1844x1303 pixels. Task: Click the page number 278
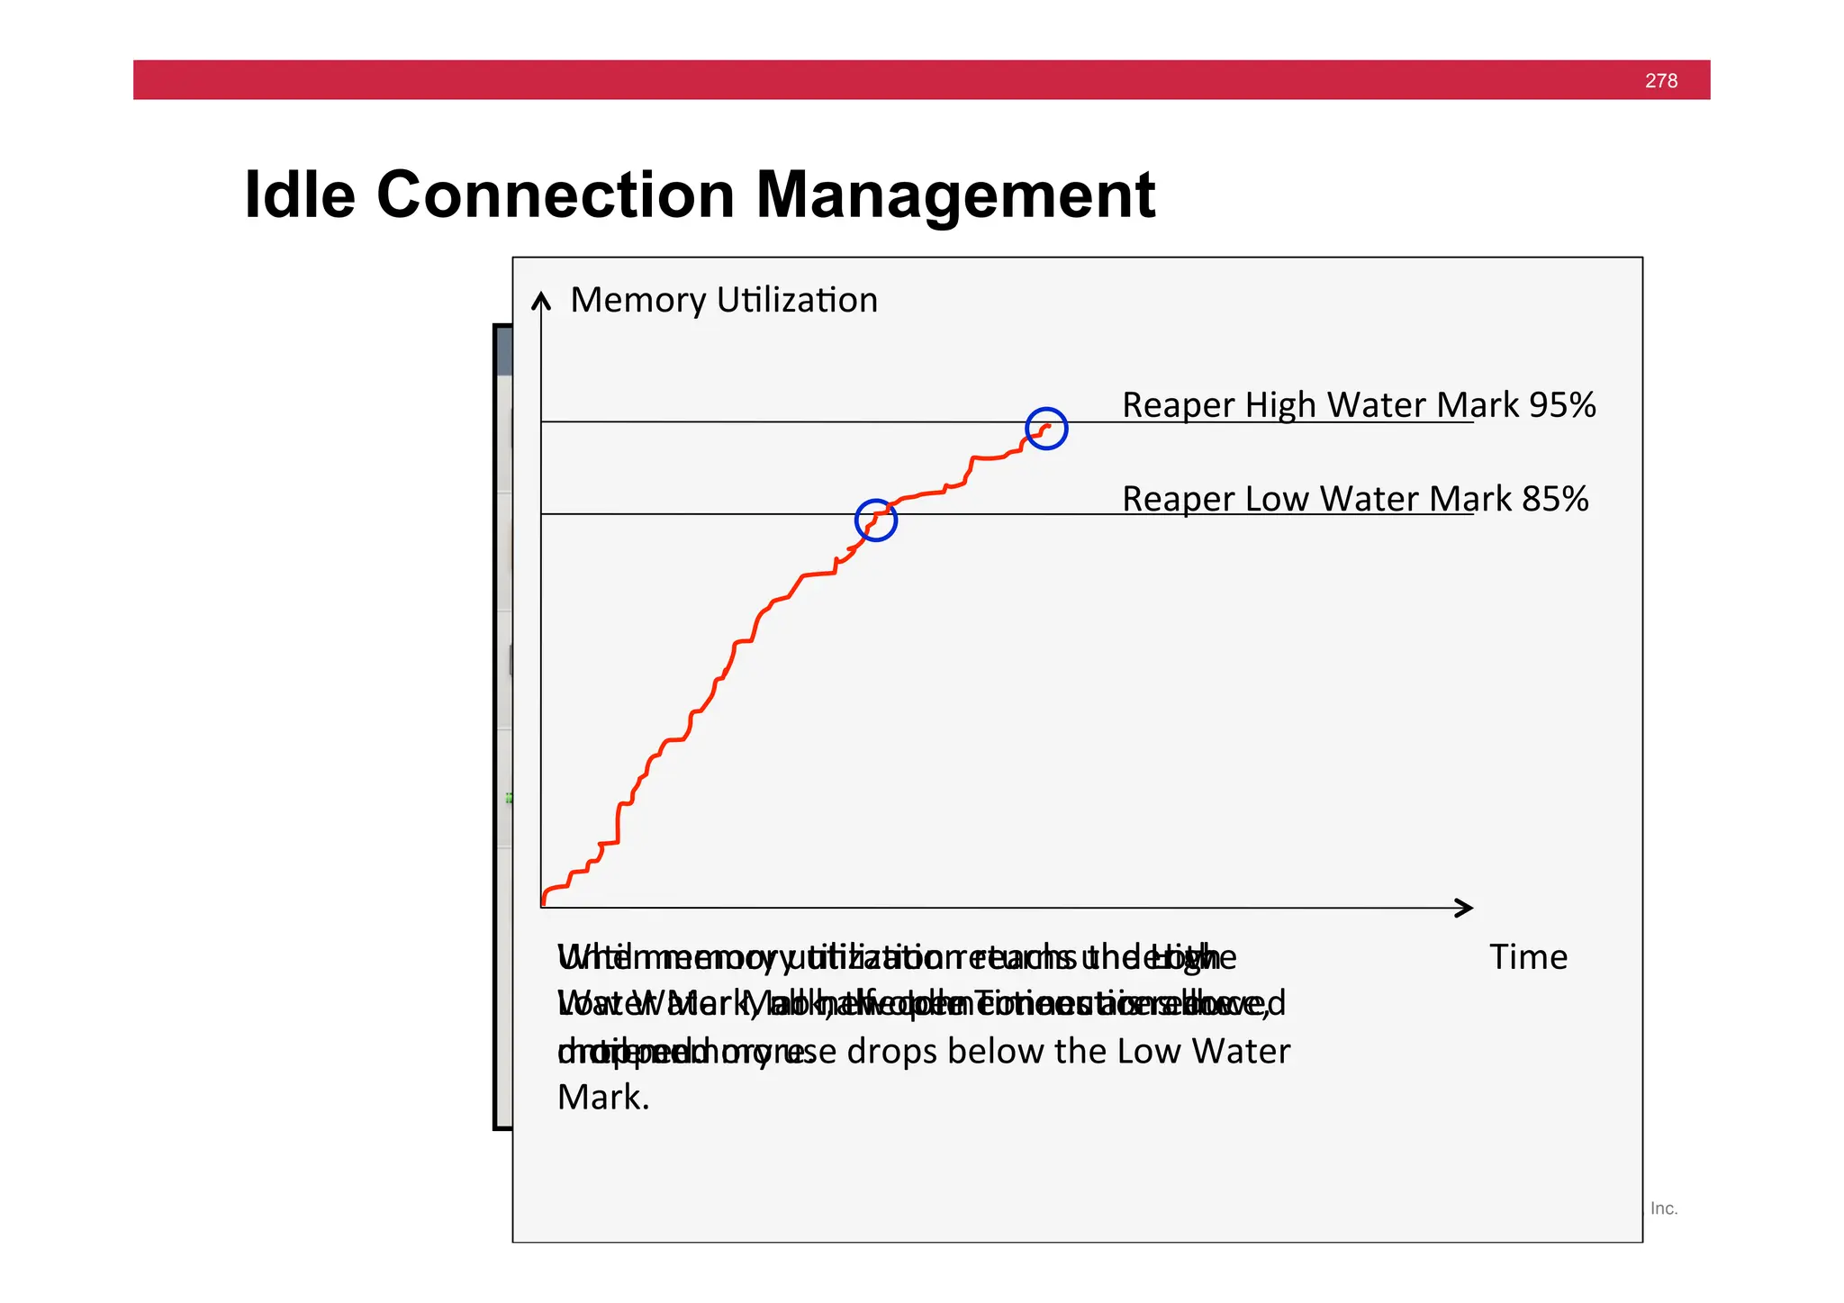click(x=1660, y=81)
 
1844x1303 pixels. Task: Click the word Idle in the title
click(x=299, y=195)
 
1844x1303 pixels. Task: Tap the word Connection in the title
click(x=556, y=195)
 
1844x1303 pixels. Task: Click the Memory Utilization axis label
click(x=723, y=300)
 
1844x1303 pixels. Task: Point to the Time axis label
click(x=1528, y=956)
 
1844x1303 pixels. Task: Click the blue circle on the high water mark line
click(x=1046, y=429)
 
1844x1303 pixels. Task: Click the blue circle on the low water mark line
click(x=875, y=520)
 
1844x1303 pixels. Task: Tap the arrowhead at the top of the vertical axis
click(x=540, y=300)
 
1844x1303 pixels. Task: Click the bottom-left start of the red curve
click(x=544, y=901)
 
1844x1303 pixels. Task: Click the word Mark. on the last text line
click(x=602, y=1098)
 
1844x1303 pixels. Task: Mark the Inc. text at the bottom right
click(x=1663, y=1208)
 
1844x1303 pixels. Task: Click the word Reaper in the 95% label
click(x=1179, y=405)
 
